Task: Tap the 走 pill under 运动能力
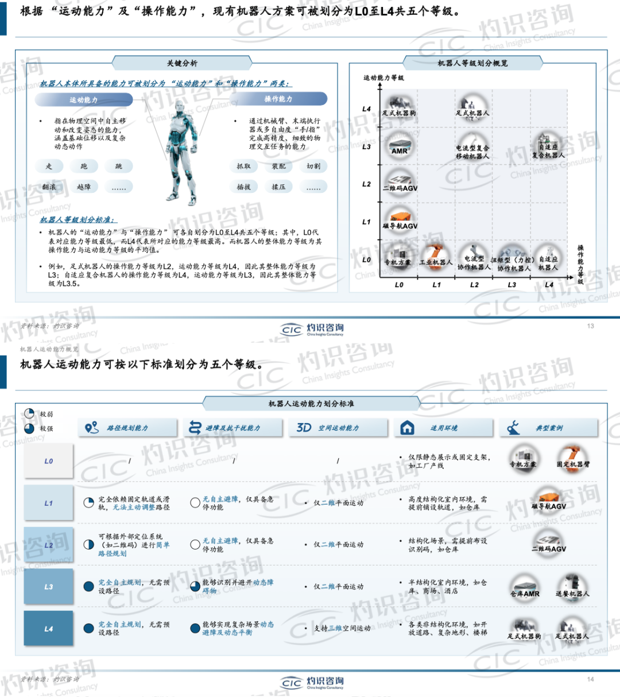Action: (49, 166)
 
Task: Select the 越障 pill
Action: (84, 187)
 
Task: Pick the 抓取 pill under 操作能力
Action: (243, 166)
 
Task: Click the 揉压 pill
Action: (278, 187)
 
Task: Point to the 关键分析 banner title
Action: (182, 63)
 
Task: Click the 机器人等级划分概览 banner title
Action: (472, 63)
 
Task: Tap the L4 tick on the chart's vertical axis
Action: (367, 109)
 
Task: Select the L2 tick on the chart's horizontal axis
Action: (474, 285)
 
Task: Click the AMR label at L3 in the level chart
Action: (400, 151)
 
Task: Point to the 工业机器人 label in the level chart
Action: (436, 262)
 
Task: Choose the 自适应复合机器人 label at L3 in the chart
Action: (548, 151)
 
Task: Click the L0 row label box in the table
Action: (49, 461)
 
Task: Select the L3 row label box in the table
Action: (49, 587)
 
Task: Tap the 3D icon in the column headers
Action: (304, 428)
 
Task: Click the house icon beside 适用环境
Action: (407, 428)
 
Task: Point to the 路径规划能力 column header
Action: (127, 428)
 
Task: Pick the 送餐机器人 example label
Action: (572, 594)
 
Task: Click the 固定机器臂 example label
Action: (573, 464)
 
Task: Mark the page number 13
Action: (591, 326)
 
